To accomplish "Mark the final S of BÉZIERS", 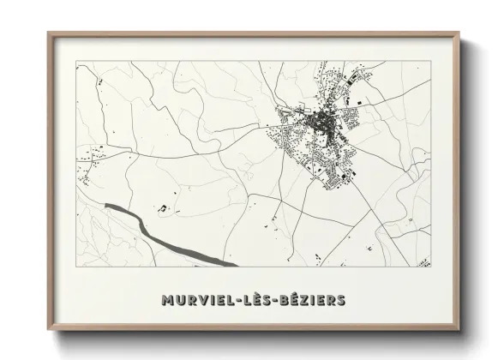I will [341, 300].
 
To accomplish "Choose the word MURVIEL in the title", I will [197, 300].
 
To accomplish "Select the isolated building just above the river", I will [162, 207].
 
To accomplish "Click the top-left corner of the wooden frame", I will [49, 33].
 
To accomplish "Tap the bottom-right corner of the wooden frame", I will [460, 328].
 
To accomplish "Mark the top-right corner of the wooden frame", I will [460, 33].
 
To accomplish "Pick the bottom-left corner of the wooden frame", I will [49, 328].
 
